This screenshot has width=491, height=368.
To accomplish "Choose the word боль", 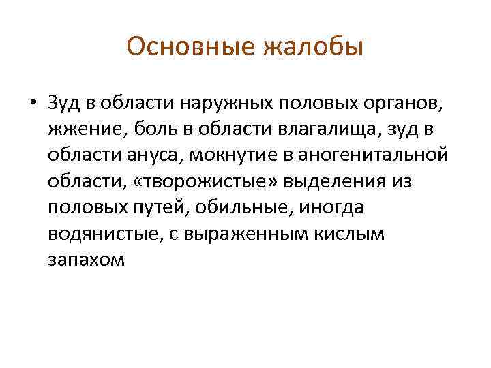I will (148, 129).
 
